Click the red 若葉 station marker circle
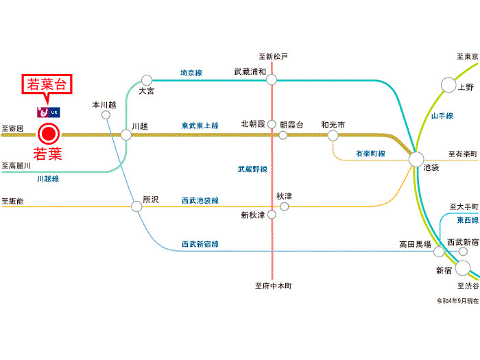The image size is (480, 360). click(49, 134)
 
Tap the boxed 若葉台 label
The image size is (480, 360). click(47, 85)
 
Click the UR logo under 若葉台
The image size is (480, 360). click(47, 110)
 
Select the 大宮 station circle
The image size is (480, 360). click(146, 80)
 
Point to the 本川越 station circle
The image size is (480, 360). click(106, 115)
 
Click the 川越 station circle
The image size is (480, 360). click(126, 134)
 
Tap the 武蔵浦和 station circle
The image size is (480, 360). click(272, 80)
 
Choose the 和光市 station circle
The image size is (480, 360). click(333, 135)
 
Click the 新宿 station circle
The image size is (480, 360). click(463, 267)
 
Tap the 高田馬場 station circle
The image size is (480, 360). click(439, 252)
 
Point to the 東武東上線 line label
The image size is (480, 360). click(200, 125)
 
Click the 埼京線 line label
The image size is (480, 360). click(191, 72)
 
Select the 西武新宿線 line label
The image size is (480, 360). click(200, 244)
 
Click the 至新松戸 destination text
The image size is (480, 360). click(274, 56)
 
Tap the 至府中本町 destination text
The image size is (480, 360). click(274, 286)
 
